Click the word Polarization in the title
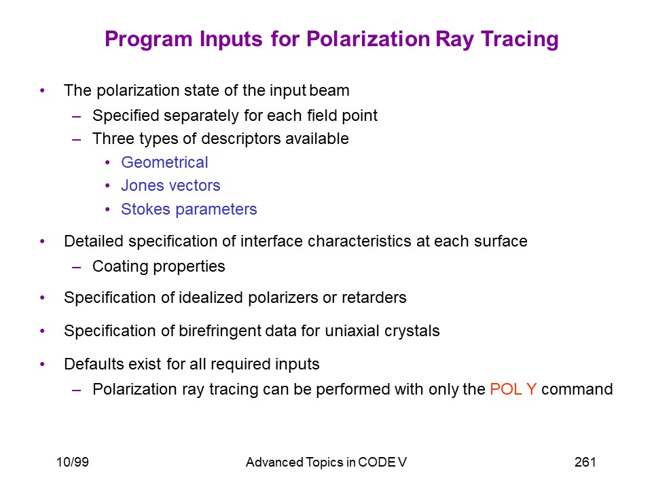(368, 39)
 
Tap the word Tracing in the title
(520, 40)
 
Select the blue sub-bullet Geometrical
(164, 162)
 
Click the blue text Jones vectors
(170, 185)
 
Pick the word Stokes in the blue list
(145, 209)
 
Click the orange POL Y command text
(513, 389)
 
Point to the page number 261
(585, 462)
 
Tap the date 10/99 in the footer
(73, 462)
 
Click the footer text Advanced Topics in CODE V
(326, 462)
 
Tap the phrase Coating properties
(158, 266)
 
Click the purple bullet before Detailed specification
(42, 242)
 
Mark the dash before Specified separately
(76, 116)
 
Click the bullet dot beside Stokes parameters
(108, 209)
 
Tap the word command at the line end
(577, 389)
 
